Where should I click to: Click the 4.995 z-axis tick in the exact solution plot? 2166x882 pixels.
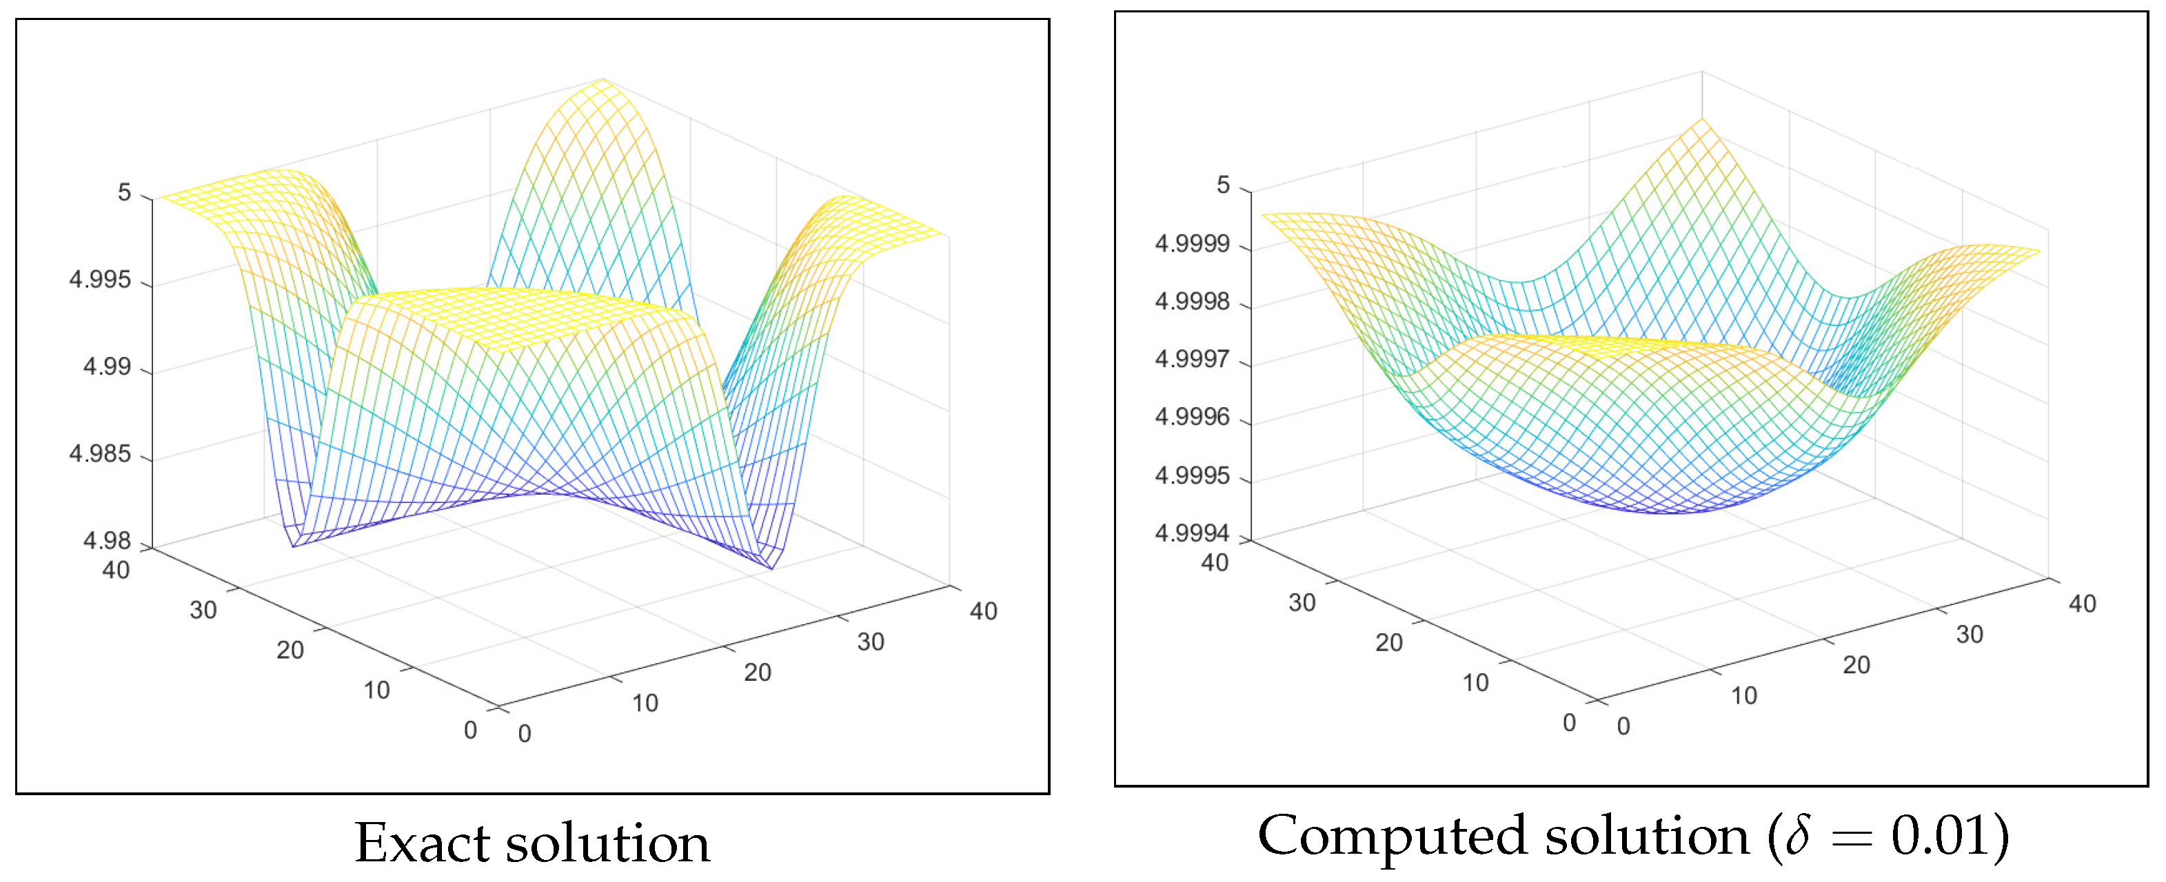100,280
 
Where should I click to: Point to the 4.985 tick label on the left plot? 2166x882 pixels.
100,454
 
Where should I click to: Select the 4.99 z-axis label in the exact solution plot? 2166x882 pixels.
107,367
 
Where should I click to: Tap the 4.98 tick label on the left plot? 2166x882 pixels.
107,541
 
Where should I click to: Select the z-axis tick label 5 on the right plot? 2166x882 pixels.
1224,185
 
